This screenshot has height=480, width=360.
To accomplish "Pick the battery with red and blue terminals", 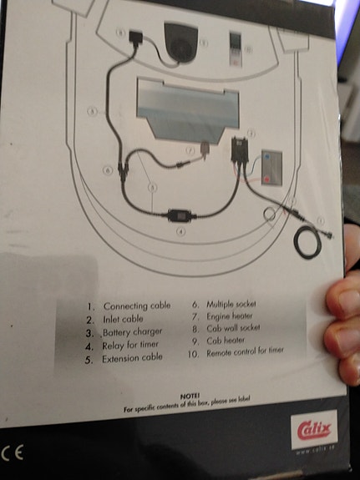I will tap(272, 166).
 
